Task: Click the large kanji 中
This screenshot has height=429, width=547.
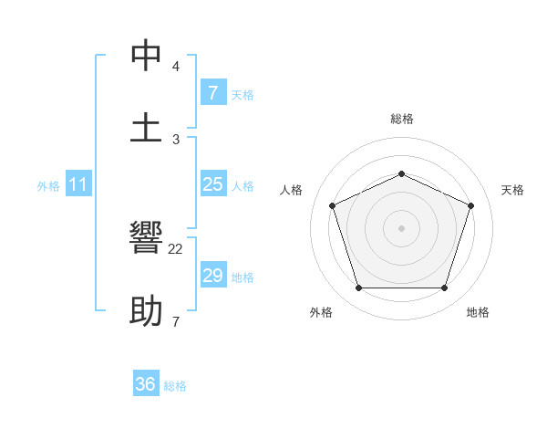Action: pyautogui.click(x=146, y=56)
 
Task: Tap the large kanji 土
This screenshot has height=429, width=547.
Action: pyautogui.click(x=146, y=127)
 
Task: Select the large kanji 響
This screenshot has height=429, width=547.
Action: pyautogui.click(x=146, y=239)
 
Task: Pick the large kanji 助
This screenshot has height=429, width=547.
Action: pyautogui.click(x=146, y=312)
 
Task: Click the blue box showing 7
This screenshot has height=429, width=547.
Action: pyautogui.click(x=212, y=92)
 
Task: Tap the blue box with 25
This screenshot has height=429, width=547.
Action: pyautogui.click(x=212, y=184)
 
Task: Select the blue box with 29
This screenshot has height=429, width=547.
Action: pyautogui.click(x=212, y=276)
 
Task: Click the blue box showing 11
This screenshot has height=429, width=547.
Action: pyautogui.click(x=77, y=184)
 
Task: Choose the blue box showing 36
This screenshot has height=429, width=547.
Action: pyautogui.click(x=146, y=384)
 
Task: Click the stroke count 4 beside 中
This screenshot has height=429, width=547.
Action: pyautogui.click(x=176, y=66)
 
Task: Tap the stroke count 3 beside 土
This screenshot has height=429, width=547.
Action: pyautogui.click(x=176, y=138)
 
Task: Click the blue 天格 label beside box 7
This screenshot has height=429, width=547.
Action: pyautogui.click(x=243, y=94)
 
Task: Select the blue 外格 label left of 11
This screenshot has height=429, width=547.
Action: pyautogui.click(x=48, y=186)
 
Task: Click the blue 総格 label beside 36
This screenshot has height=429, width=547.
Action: pyautogui.click(x=175, y=386)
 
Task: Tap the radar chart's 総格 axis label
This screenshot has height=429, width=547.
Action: pyautogui.click(x=401, y=119)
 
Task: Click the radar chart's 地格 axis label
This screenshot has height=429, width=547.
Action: pyautogui.click(x=478, y=312)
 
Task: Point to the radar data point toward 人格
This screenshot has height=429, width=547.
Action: pyautogui.click(x=332, y=205)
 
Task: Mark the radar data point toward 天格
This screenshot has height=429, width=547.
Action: pyautogui.click(x=470, y=205)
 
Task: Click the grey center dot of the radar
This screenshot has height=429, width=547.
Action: pyautogui.click(x=401, y=228)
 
